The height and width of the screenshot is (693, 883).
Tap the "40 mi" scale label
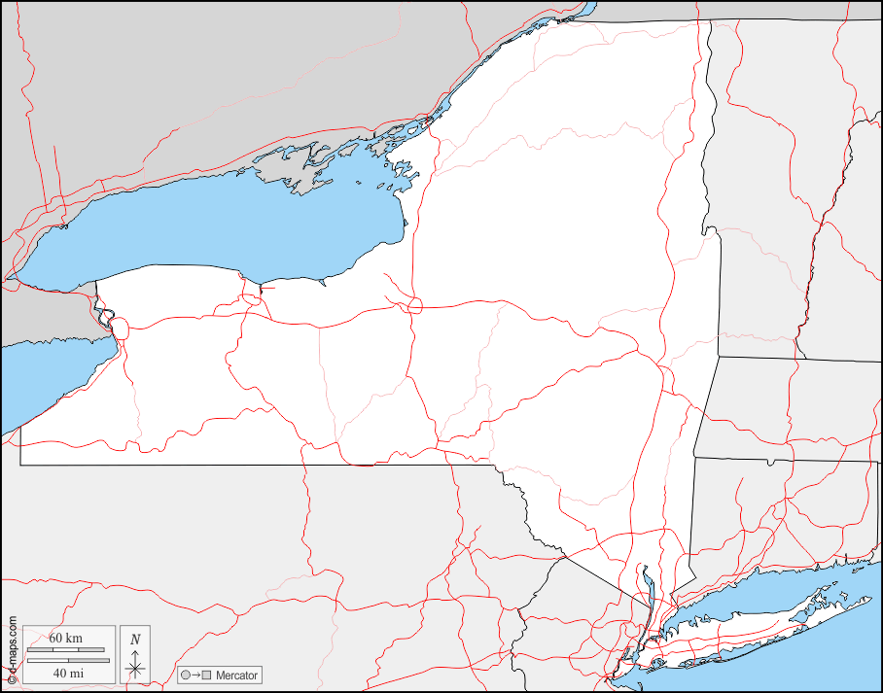pyautogui.click(x=67, y=673)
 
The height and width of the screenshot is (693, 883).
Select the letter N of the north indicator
pyautogui.click(x=135, y=640)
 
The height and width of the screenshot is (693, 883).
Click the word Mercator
pyautogui.click(x=236, y=675)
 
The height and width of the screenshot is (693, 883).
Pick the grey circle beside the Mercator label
pyautogui.click(x=185, y=675)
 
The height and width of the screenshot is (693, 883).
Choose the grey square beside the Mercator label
pyautogui.click(x=206, y=675)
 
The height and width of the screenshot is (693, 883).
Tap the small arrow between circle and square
pyautogui.click(x=195, y=675)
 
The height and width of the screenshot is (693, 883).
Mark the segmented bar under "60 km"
pyautogui.click(x=65, y=648)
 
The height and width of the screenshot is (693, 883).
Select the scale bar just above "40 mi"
pyautogui.click(x=65, y=661)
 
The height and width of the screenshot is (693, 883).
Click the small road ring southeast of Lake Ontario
pyautogui.click(x=415, y=305)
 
